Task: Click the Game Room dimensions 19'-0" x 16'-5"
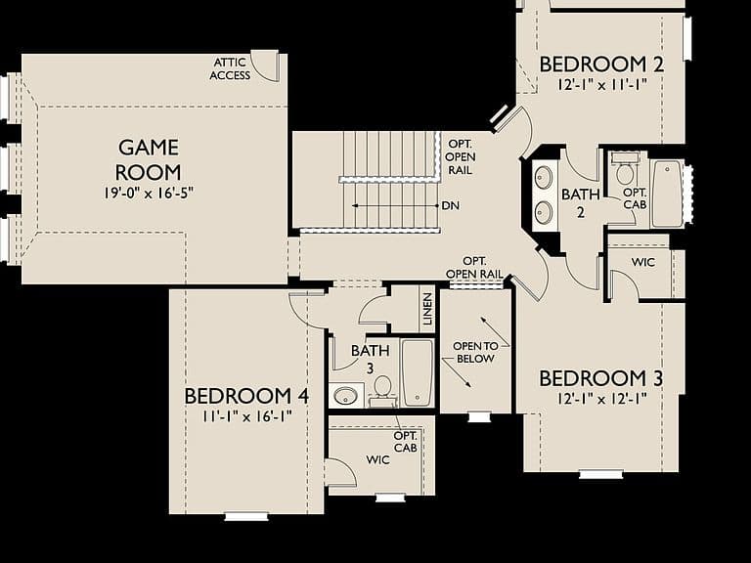coord(149,194)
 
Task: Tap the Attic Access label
coord(230,69)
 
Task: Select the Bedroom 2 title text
coord(601,65)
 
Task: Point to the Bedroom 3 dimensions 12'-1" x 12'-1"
coord(602,399)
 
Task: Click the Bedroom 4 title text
coord(246,397)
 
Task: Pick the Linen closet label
coord(427,309)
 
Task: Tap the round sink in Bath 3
coord(345,396)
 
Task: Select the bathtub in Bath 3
coord(418,373)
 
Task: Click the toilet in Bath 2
coord(625,170)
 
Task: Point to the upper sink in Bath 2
coord(543,178)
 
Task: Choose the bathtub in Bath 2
coord(666,195)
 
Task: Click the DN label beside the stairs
coord(450,206)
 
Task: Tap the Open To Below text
coord(475,352)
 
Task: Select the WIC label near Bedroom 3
coord(642,262)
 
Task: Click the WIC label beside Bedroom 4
coord(377,460)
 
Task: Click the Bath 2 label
coord(581,203)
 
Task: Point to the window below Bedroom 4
coord(246,516)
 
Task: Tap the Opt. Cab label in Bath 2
coord(635,198)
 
